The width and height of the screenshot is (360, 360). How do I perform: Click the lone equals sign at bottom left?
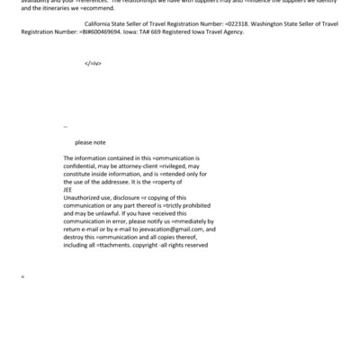22,275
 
